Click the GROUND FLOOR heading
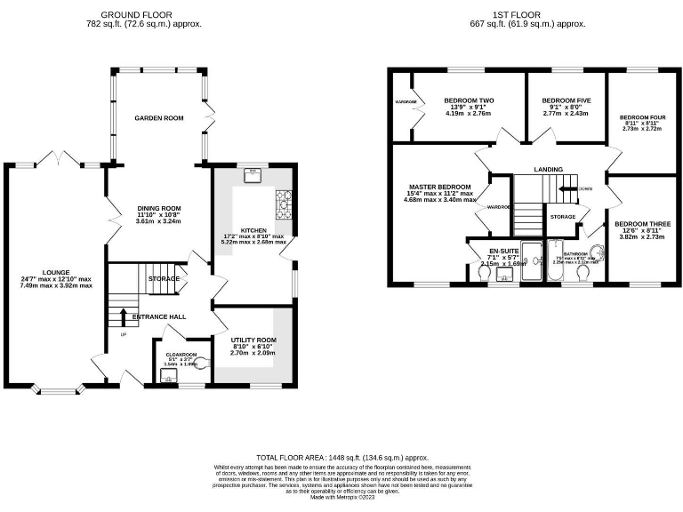coord(137,15)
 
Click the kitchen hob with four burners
coord(285,204)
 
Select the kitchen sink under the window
coord(253,174)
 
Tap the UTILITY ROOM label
coord(253,340)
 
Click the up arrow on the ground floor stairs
coord(123,317)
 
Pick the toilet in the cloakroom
coord(201,363)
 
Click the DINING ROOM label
coord(158,207)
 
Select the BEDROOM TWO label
coord(469,100)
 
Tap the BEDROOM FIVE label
coord(566,100)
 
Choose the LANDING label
coord(549,169)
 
